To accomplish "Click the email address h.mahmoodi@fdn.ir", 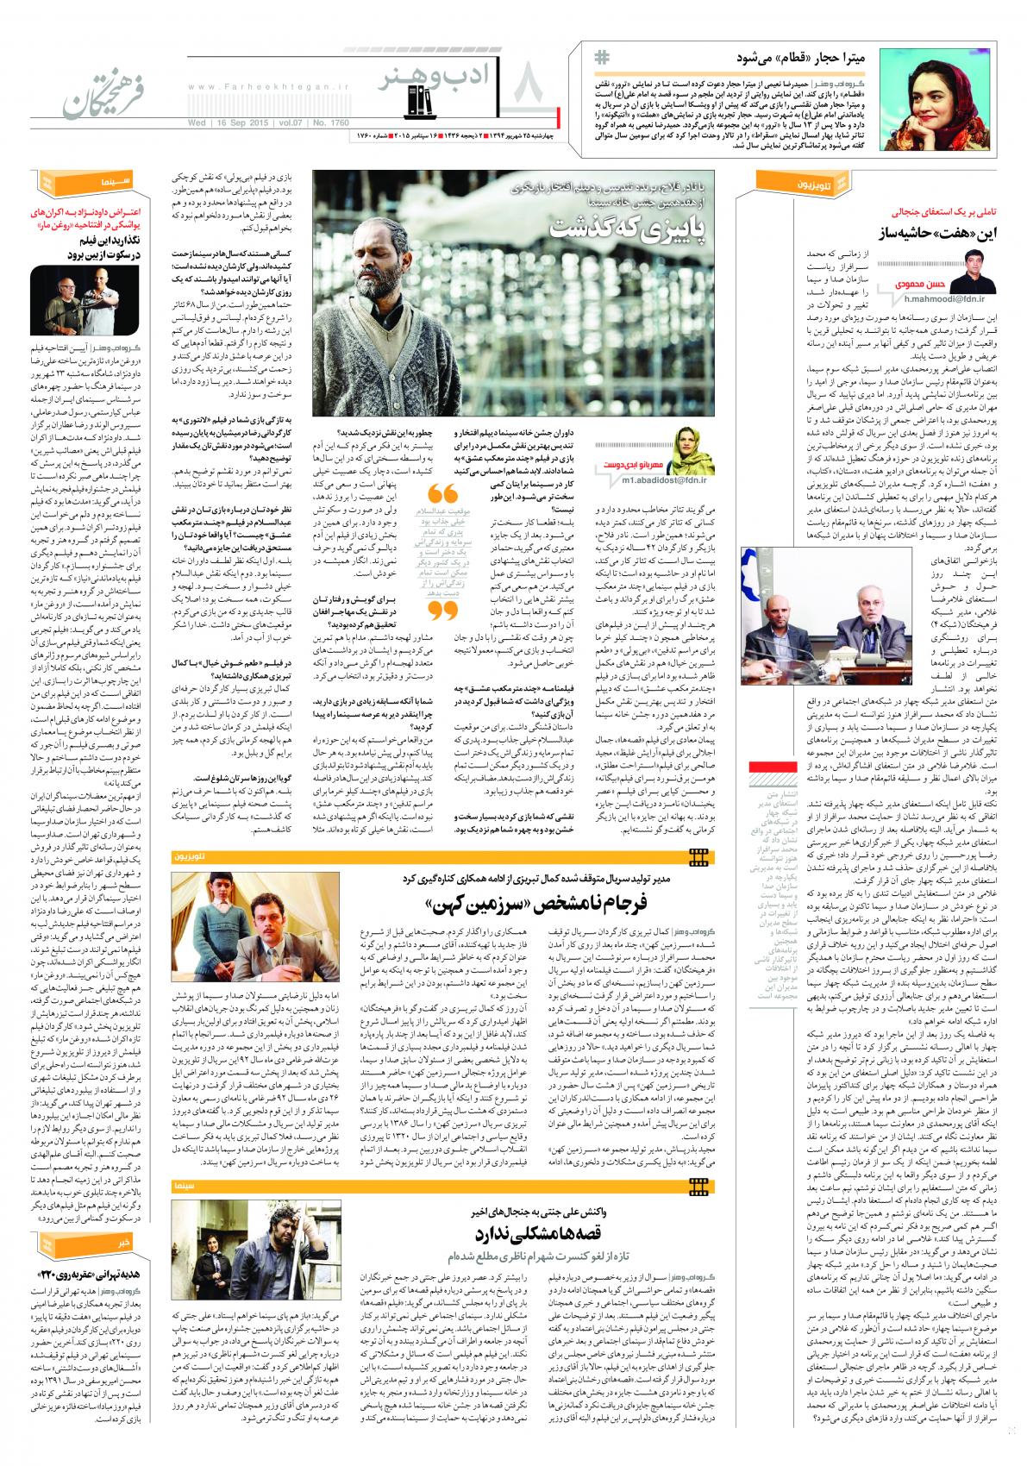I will [x=941, y=298].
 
